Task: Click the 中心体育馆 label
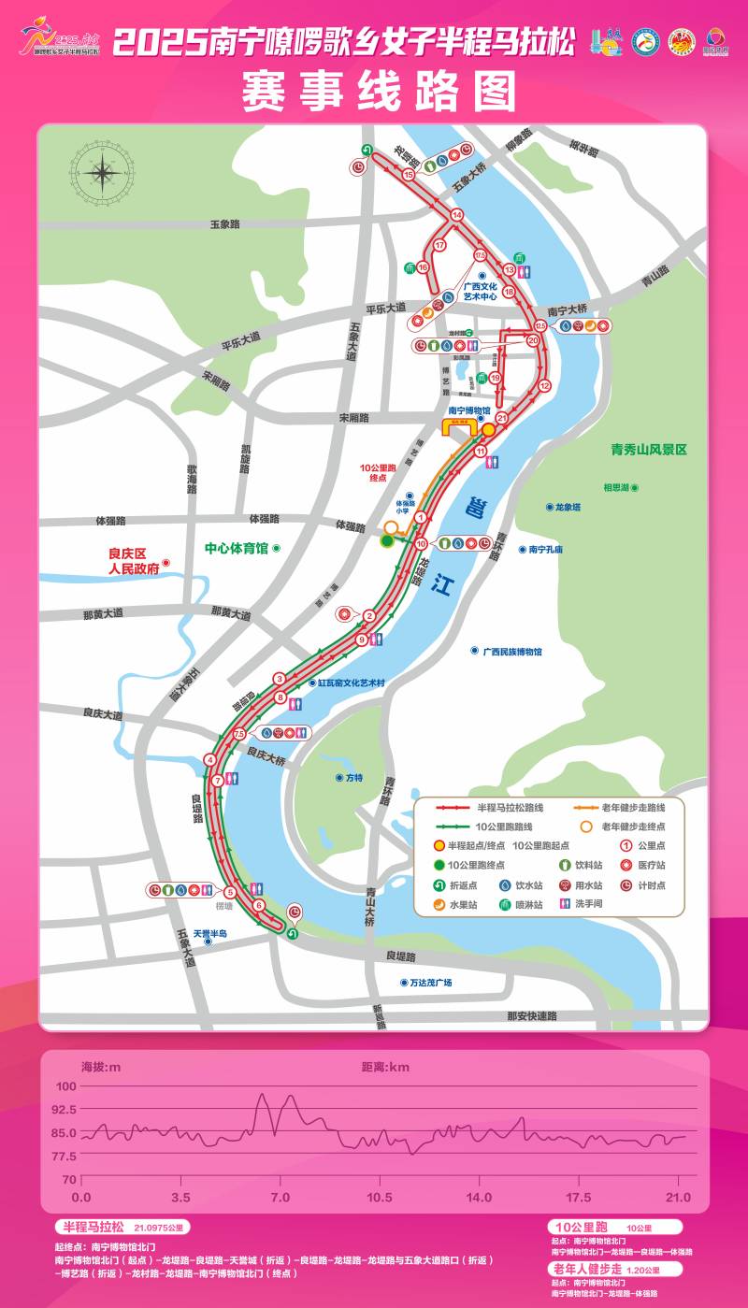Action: (x=237, y=548)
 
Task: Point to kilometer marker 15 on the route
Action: (x=409, y=175)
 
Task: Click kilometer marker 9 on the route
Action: (x=362, y=640)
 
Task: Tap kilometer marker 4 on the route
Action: (x=209, y=759)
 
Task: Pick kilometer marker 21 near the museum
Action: (x=502, y=418)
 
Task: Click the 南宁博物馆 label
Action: (x=469, y=410)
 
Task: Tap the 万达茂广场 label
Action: (x=430, y=983)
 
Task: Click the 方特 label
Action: (x=353, y=778)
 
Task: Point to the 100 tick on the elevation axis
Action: (x=65, y=1086)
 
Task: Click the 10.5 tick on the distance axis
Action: (x=380, y=1198)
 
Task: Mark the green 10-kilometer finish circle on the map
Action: (x=387, y=541)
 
